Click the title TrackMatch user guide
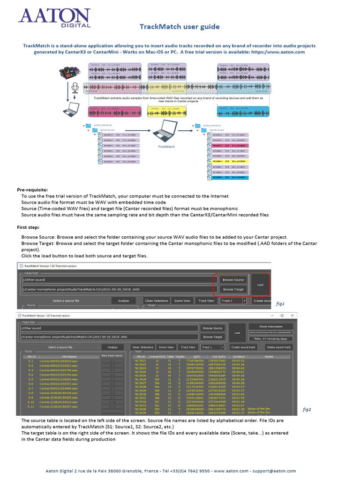click(x=180, y=27)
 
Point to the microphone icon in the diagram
click(x=74, y=88)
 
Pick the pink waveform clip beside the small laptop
click(x=115, y=112)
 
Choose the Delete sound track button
click(x=278, y=347)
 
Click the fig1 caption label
click(x=280, y=304)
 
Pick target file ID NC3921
click(x=140, y=360)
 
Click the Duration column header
click(x=240, y=356)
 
